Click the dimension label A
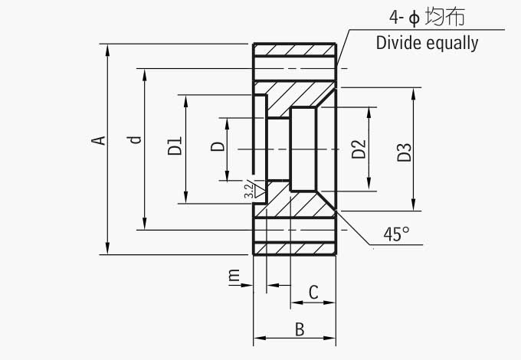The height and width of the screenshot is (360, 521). click(x=97, y=140)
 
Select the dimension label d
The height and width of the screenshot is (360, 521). click(x=136, y=139)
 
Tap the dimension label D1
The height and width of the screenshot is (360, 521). click(x=175, y=146)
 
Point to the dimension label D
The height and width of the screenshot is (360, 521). click(x=218, y=146)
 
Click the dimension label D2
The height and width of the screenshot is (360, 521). click(x=358, y=149)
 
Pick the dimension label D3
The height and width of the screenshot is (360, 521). click(x=405, y=152)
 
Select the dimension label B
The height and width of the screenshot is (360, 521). click(x=300, y=329)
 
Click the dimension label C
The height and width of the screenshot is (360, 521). click(x=313, y=292)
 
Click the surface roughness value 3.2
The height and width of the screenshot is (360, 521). click(x=247, y=191)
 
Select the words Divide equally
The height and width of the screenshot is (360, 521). click(x=427, y=42)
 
